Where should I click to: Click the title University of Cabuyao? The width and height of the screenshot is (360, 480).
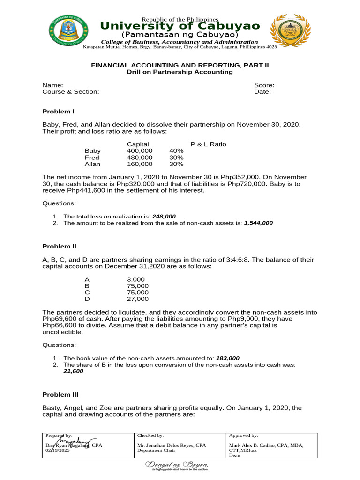(180, 26)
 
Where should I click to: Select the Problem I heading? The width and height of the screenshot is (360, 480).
(59, 111)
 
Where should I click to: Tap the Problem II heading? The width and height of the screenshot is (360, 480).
(60, 246)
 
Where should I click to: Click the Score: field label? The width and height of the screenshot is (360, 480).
(264, 85)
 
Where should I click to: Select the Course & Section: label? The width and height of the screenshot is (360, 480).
(71, 92)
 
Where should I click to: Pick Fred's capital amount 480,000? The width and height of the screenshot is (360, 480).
(140, 157)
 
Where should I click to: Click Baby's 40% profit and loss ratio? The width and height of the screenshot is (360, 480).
(176, 151)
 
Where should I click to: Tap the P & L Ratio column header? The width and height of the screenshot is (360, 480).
(208, 144)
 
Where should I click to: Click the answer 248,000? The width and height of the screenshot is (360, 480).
(164, 216)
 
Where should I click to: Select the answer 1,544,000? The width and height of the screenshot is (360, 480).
(258, 223)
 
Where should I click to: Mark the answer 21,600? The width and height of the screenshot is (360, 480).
(74, 371)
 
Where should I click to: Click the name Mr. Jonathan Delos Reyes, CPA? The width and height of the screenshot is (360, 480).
(171, 445)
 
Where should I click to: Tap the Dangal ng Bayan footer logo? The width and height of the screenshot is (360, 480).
(177, 465)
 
